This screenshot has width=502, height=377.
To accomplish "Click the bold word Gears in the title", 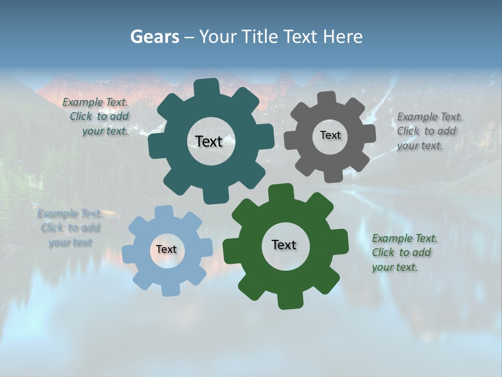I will (x=154, y=37).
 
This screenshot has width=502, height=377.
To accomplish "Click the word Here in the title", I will (x=343, y=37).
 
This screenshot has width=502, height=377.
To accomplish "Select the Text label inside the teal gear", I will (x=209, y=141).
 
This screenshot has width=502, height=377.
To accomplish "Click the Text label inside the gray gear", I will (x=330, y=135).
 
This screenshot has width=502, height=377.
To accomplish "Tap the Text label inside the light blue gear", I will (x=166, y=249).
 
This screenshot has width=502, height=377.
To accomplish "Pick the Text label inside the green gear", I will (x=284, y=245).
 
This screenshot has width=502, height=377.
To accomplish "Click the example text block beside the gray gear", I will (x=429, y=131).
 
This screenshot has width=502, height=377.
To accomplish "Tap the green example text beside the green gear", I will (x=404, y=252).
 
